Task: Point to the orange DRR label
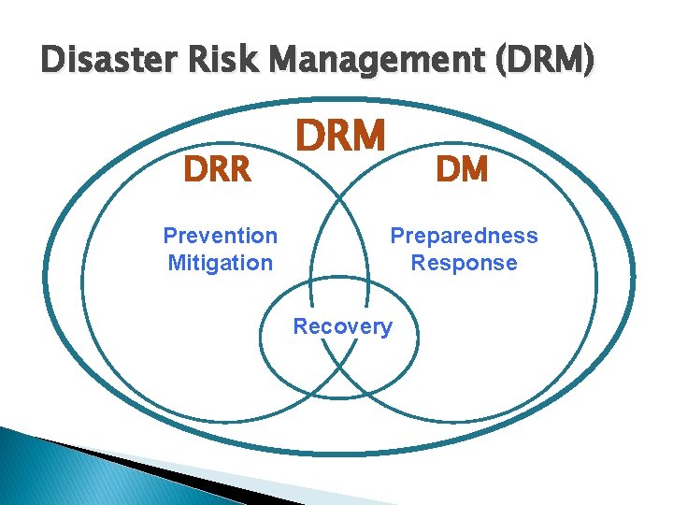[217, 170]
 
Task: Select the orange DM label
[462, 169]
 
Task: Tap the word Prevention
[220, 236]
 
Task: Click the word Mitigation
[220, 263]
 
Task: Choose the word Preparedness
[464, 236]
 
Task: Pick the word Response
[464, 263]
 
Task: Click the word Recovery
[342, 326]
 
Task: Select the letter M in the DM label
[475, 169]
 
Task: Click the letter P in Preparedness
[397, 236]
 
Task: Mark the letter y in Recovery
[386, 328]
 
